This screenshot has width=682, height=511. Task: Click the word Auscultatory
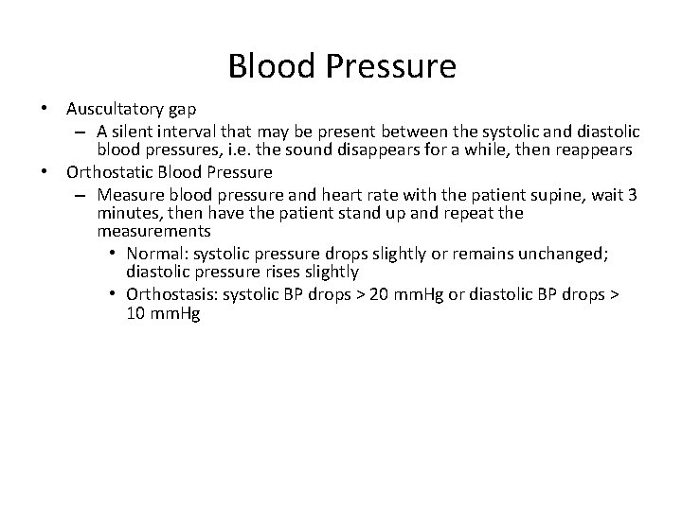pos(114,111)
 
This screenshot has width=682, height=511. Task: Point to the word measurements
pos(153,232)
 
